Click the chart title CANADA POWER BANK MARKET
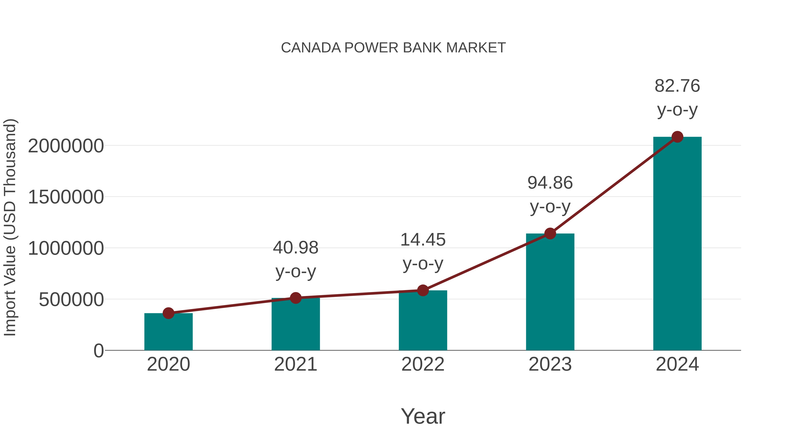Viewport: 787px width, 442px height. tap(393, 48)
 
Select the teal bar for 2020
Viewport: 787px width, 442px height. tap(168, 332)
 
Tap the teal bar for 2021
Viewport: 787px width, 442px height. tap(295, 325)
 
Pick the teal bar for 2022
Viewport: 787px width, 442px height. tap(423, 321)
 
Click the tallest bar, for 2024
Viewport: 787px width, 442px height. tap(677, 244)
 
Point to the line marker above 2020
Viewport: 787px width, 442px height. tap(168, 313)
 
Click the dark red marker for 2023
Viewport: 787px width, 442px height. tap(550, 234)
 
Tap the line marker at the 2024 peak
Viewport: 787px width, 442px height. tap(677, 137)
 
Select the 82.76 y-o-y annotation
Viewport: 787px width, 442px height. tap(677, 97)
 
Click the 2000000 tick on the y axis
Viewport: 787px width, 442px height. tap(66, 146)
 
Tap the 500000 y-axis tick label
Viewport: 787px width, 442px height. tap(71, 299)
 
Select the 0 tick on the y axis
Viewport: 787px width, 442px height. tap(99, 351)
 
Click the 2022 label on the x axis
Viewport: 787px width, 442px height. tap(423, 364)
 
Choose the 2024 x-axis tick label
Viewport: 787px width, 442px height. tap(677, 364)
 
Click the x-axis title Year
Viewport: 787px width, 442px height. tap(423, 416)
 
